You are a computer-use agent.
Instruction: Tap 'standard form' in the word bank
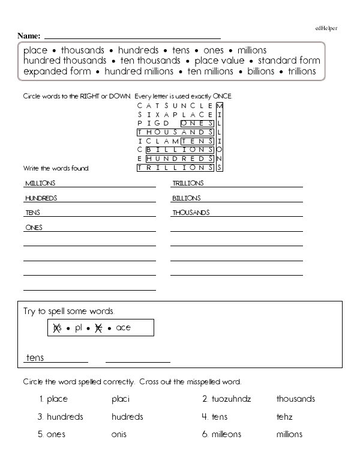289,61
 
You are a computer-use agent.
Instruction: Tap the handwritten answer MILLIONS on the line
40,183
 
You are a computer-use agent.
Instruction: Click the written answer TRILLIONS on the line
188,183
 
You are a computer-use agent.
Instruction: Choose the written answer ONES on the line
34,228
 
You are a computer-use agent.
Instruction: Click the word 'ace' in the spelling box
123,328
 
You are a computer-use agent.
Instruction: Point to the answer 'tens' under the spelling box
35,358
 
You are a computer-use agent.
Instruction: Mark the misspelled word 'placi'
121,399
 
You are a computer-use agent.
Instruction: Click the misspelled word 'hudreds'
127,417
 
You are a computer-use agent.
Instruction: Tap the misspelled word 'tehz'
284,417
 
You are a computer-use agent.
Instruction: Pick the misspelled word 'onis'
120,434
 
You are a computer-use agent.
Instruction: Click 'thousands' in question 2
295,399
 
